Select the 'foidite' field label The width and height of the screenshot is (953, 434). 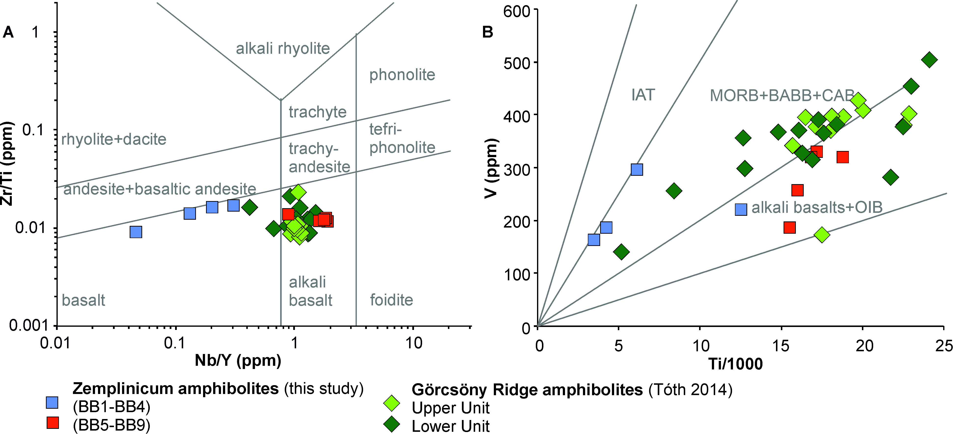click(391, 300)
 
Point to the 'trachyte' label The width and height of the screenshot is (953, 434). click(318, 112)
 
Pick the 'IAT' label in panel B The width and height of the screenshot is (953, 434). click(643, 95)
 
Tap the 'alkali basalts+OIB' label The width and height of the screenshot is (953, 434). click(817, 207)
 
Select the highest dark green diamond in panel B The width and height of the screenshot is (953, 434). click(929, 59)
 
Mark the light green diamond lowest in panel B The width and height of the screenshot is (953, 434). click(822, 234)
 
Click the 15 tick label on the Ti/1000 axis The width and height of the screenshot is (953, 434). click(781, 346)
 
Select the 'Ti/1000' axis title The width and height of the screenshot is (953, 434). click(735, 364)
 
